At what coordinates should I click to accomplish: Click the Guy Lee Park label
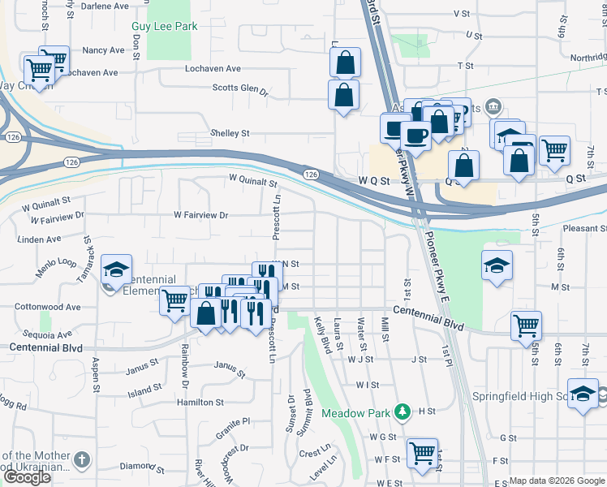click(165, 26)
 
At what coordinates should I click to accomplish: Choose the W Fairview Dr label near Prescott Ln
click(201, 215)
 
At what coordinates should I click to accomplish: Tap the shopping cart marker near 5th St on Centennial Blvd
click(526, 325)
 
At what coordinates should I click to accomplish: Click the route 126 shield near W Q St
click(311, 175)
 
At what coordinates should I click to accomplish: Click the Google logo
click(27, 477)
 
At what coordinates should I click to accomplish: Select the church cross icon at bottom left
click(81, 460)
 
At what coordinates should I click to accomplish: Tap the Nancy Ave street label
click(103, 50)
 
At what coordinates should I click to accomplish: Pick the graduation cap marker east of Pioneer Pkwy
click(497, 265)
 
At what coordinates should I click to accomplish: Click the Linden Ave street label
click(42, 239)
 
